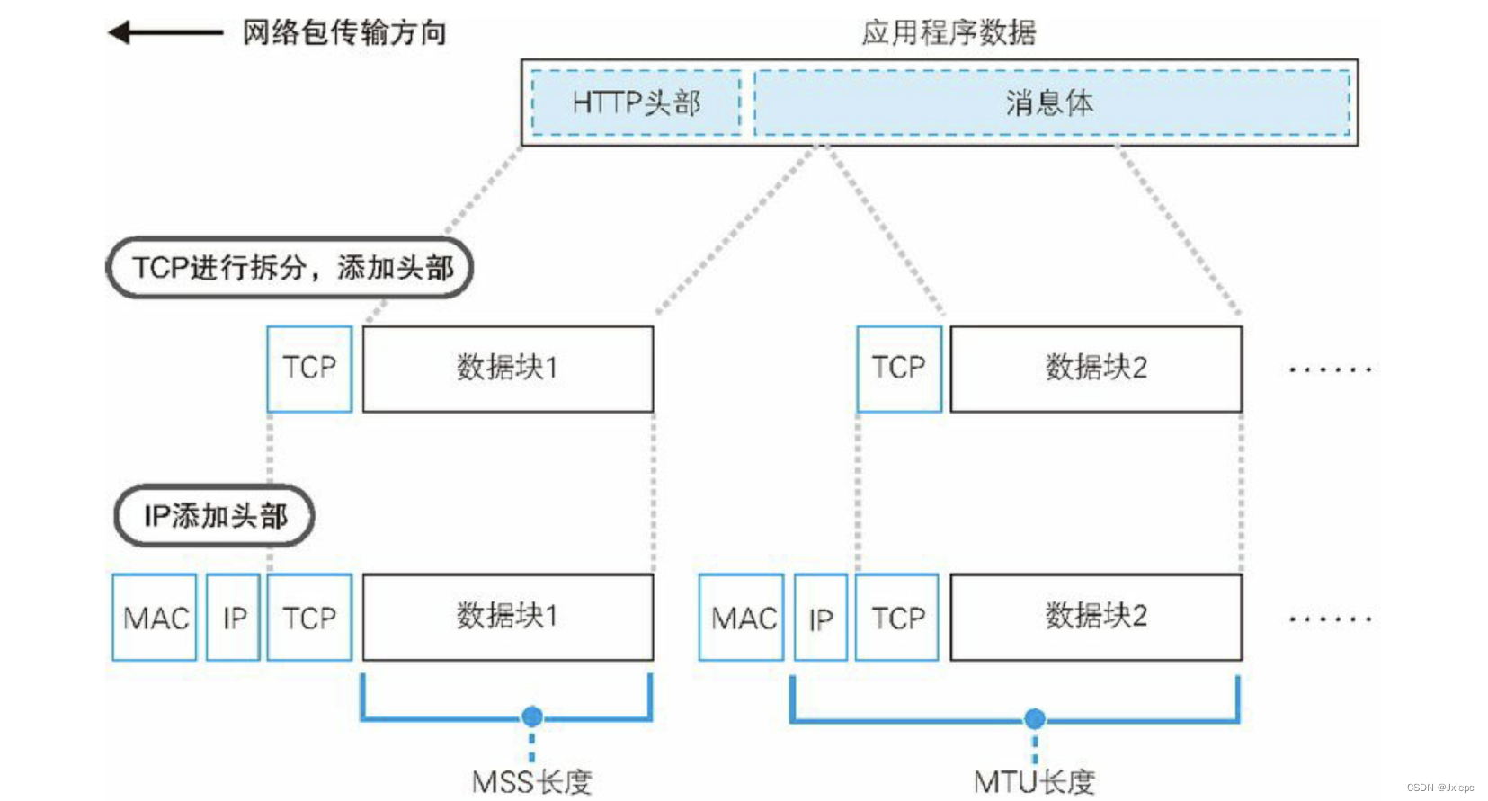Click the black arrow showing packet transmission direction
(x=165, y=33)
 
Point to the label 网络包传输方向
(x=344, y=33)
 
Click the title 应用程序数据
(x=949, y=32)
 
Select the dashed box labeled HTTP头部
(x=636, y=102)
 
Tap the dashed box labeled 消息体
(x=1050, y=102)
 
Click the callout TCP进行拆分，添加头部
(x=290, y=267)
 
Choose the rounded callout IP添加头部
(x=215, y=515)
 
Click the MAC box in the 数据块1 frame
(x=155, y=618)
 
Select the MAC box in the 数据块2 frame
(x=742, y=618)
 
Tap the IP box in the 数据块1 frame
(x=234, y=618)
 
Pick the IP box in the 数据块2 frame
(x=821, y=618)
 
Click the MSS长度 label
(x=531, y=781)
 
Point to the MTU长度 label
(x=1034, y=781)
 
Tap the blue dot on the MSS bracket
(x=532, y=716)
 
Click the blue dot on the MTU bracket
(x=1035, y=718)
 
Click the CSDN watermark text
(x=1439, y=788)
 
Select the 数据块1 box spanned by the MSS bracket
(x=508, y=618)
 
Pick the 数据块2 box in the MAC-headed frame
(x=1096, y=618)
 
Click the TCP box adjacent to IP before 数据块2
(x=897, y=618)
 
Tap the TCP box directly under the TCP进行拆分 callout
(x=309, y=369)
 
